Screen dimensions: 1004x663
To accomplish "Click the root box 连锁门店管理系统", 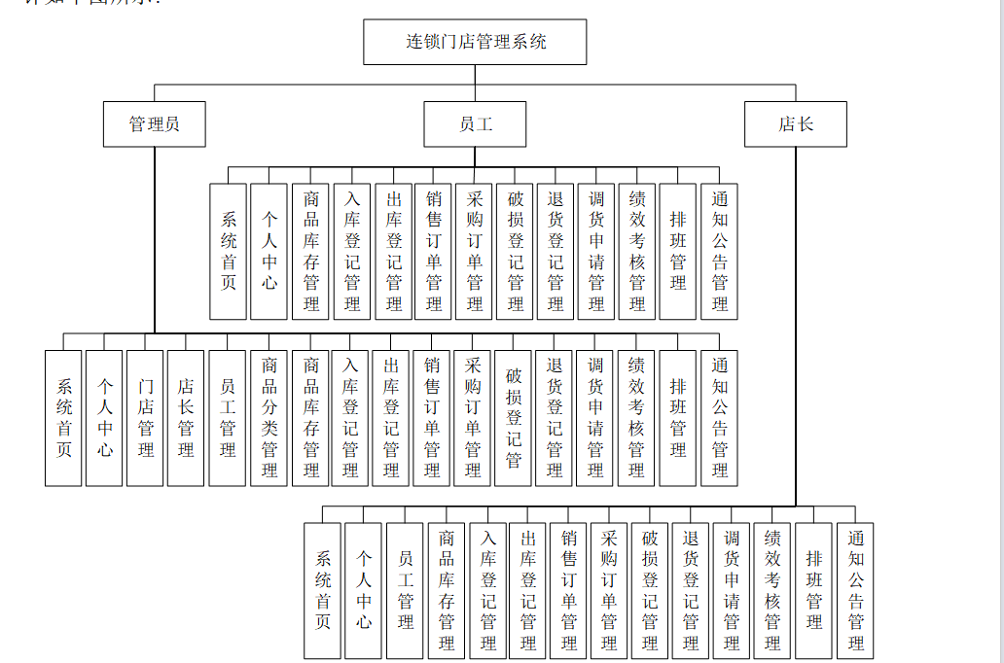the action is point(475,43).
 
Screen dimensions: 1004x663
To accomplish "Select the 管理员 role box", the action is point(154,124).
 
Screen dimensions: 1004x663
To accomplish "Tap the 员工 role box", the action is point(475,124).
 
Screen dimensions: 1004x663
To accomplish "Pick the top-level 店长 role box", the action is point(795,124).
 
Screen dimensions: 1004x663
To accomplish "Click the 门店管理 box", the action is point(145,418).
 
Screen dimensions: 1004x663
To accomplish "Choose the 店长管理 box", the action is point(186,418).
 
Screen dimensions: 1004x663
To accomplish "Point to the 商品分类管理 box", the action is point(269,418).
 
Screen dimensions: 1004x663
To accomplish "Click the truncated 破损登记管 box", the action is point(514,418).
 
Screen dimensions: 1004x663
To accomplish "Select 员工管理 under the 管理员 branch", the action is point(227,418).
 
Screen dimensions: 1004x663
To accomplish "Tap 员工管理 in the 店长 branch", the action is point(405,591).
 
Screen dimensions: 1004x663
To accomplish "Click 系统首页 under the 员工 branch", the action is point(229,251).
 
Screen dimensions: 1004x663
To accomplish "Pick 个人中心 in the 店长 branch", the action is point(364,591).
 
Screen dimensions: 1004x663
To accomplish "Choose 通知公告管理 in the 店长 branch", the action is point(855,591).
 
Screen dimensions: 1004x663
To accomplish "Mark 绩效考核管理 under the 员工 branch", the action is point(637,251).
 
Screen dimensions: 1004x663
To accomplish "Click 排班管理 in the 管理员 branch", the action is point(678,418).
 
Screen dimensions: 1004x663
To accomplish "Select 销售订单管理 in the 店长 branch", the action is point(569,591).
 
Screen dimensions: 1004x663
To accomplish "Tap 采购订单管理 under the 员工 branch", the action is point(474,251).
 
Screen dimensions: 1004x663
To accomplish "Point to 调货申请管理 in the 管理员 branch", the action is point(595,418).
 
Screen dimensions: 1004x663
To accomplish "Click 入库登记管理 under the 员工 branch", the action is point(352,251).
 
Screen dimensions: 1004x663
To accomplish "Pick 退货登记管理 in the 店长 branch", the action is point(691,591).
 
